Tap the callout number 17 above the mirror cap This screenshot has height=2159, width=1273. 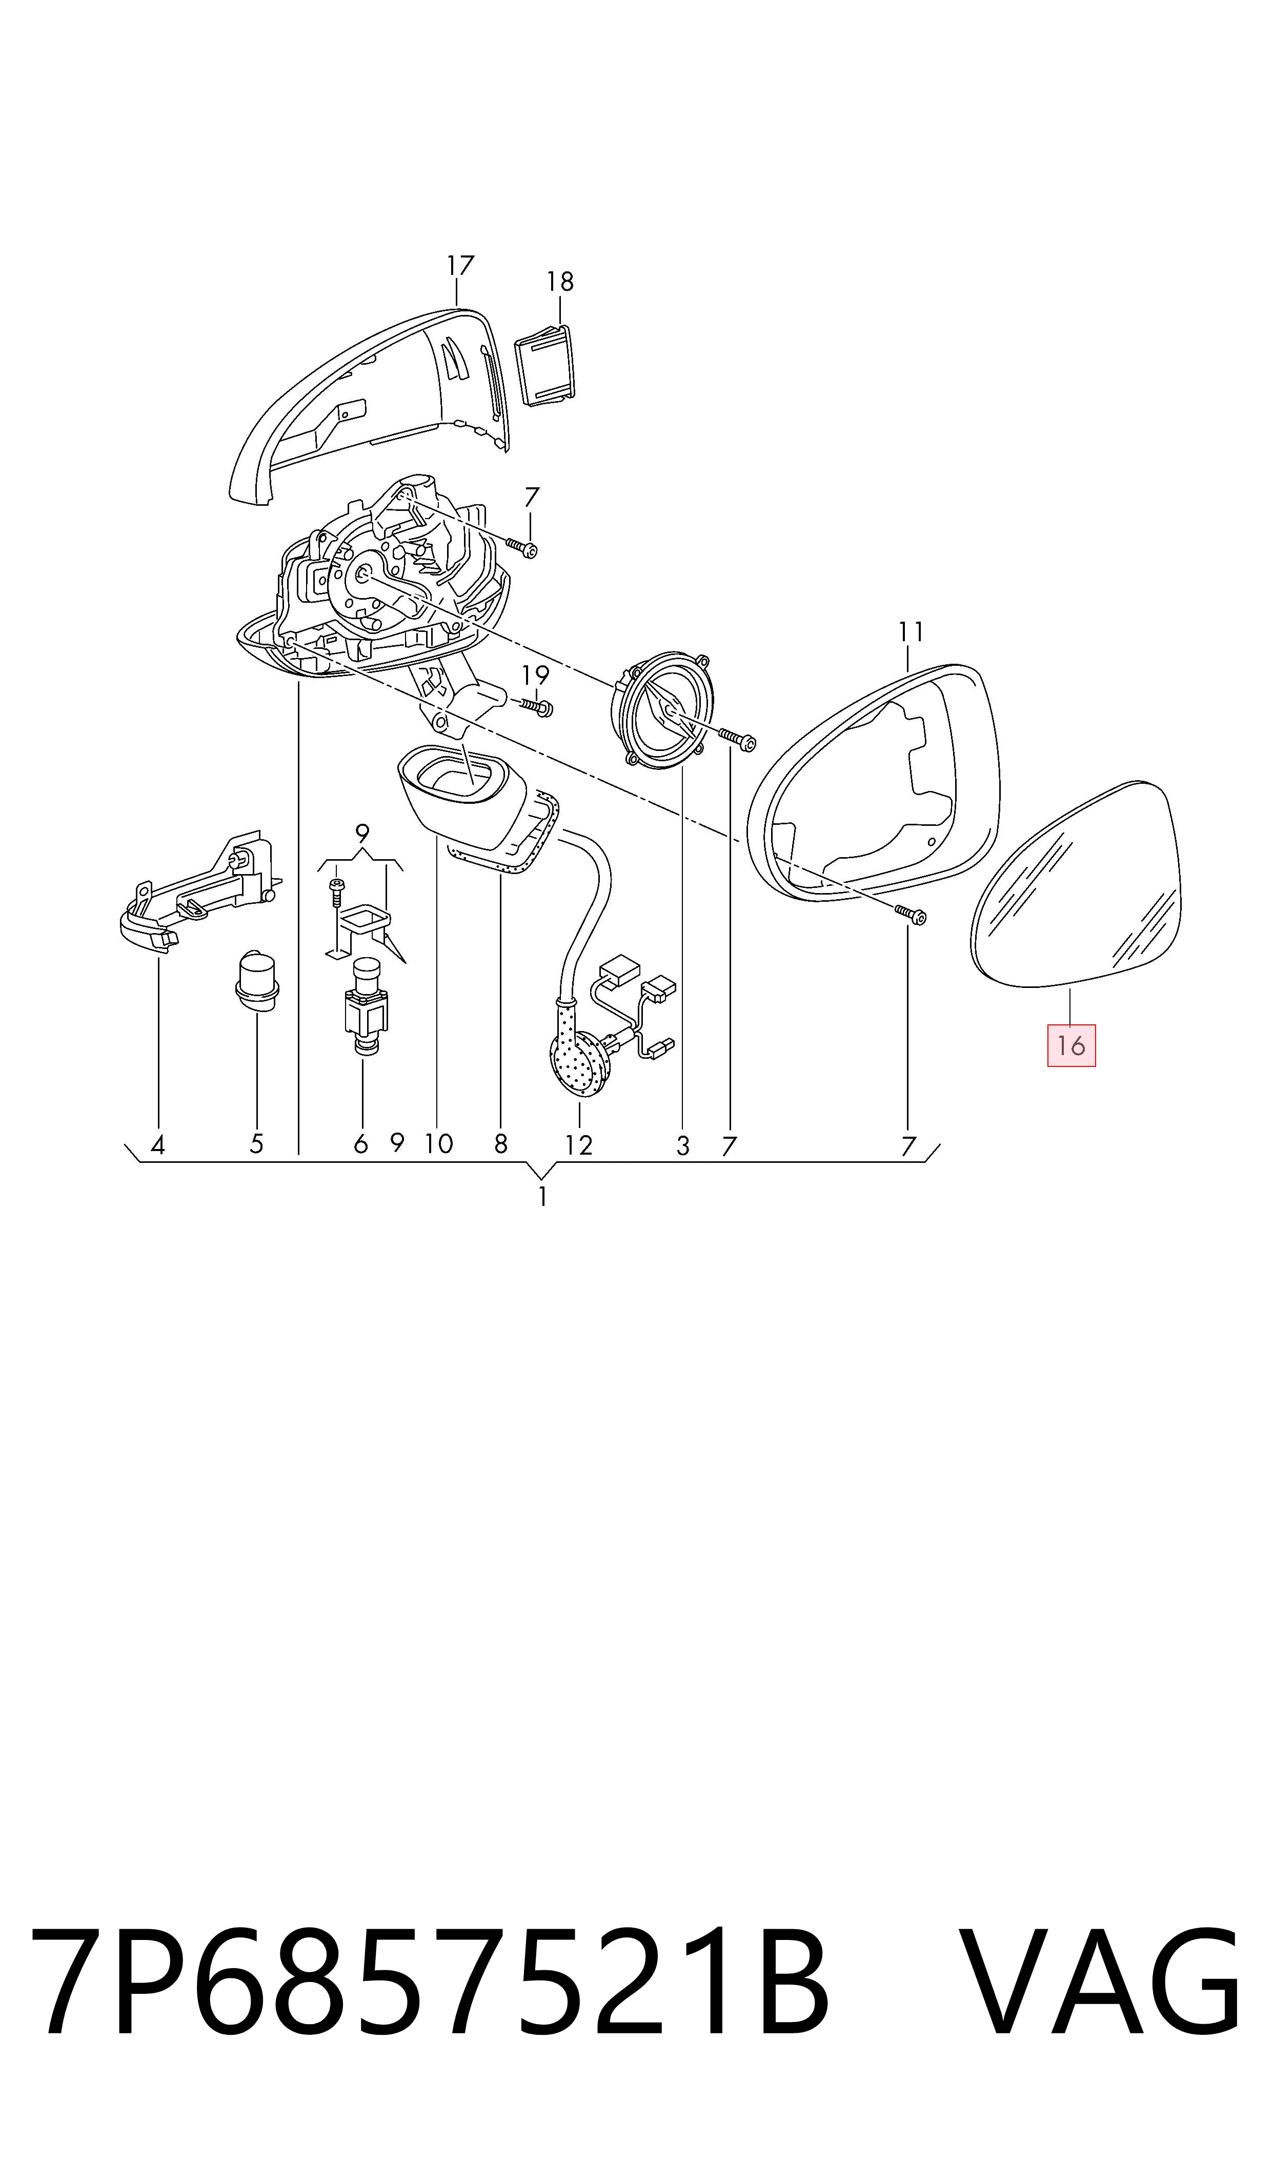[x=460, y=266]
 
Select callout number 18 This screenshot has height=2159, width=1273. [x=560, y=282]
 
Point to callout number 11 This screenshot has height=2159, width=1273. [x=911, y=632]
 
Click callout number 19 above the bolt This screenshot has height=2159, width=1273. [x=535, y=676]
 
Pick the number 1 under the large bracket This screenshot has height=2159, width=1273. [x=542, y=1196]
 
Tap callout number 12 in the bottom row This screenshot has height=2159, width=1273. [x=579, y=1145]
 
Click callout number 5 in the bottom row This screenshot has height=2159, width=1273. [x=256, y=1144]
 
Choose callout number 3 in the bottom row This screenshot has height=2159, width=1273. [x=683, y=1145]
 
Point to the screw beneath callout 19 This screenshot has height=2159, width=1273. [x=536, y=706]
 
